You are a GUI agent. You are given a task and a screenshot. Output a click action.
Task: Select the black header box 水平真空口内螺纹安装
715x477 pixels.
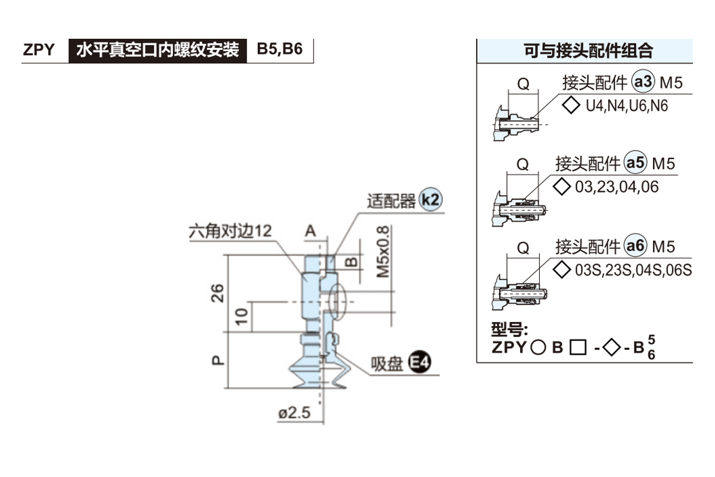point(157,50)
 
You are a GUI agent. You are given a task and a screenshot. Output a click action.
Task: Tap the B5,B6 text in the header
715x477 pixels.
point(279,49)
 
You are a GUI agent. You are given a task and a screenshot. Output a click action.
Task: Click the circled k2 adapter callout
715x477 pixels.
point(430,200)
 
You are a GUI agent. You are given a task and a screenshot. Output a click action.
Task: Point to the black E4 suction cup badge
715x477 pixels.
point(420,363)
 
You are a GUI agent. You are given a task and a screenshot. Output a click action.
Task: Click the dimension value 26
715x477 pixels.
point(218,292)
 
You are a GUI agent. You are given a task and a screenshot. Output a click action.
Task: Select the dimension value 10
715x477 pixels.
point(241,316)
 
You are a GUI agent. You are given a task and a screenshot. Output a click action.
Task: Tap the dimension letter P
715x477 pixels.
point(218,360)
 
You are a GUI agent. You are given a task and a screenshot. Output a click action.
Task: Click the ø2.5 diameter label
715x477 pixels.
point(294,413)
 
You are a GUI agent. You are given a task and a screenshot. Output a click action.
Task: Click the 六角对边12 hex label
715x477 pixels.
point(229,231)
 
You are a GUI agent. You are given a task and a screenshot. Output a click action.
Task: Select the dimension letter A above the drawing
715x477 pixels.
point(310,231)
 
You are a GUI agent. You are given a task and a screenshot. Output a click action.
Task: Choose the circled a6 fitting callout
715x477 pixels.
point(635,246)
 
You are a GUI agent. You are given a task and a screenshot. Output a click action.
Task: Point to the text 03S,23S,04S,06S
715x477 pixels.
point(633,270)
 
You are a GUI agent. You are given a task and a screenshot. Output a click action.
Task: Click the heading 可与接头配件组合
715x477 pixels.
point(587,51)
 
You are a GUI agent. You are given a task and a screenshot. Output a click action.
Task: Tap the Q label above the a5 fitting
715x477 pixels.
point(523,165)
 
